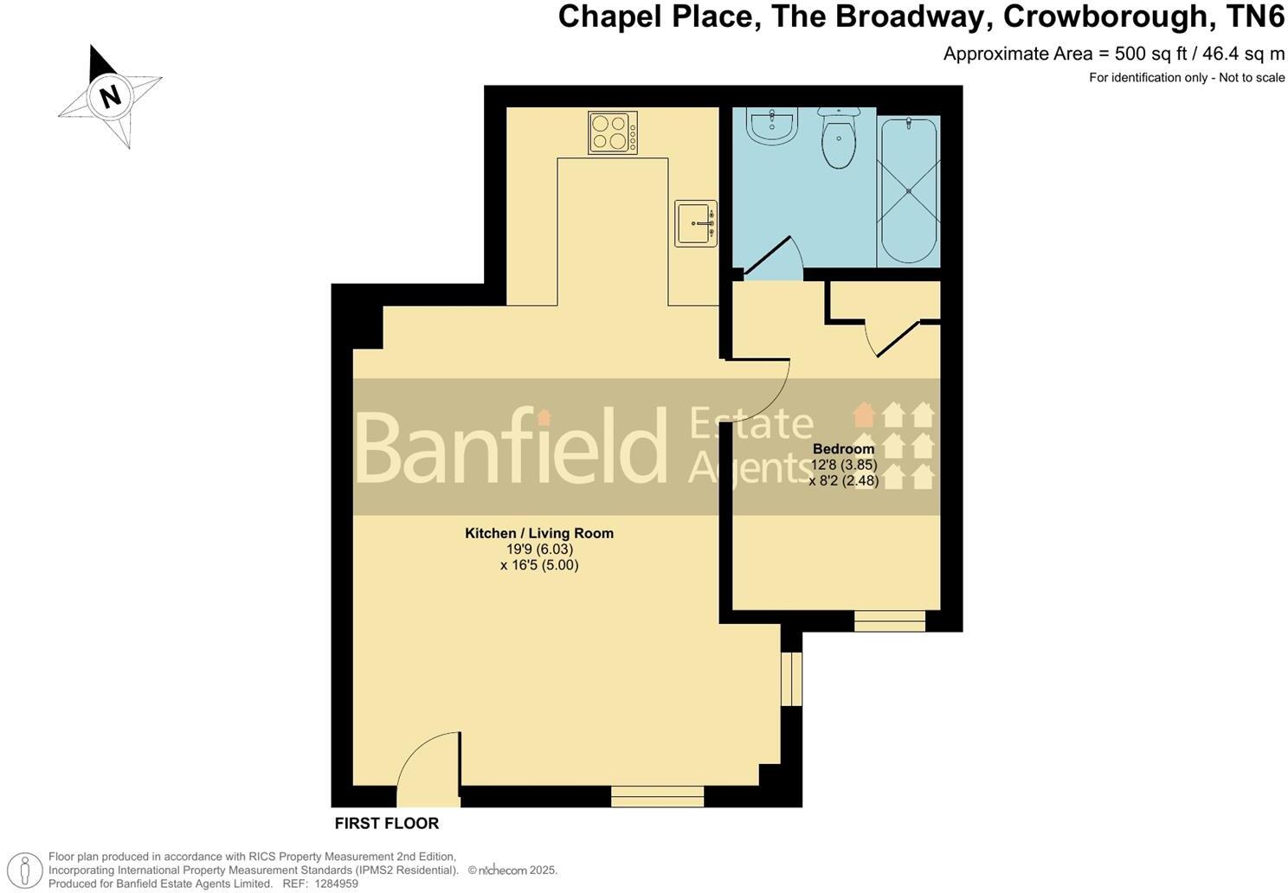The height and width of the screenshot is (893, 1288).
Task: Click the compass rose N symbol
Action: [110, 95]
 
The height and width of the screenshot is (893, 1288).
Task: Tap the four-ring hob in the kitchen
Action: [613, 132]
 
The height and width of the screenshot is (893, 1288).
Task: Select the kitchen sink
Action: [696, 223]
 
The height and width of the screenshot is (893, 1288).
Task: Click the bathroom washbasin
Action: [770, 127]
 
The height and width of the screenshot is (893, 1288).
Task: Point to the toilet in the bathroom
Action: [838, 138]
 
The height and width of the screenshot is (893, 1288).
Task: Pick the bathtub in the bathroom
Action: [908, 190]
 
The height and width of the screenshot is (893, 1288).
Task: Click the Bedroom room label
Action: [843, 449]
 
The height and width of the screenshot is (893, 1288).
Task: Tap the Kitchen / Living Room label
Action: [539, 533]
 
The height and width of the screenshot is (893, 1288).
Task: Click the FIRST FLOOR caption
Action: [387, 824]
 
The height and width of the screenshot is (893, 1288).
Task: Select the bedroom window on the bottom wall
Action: [890, 620]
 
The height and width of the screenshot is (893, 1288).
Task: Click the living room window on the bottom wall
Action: [658, 796]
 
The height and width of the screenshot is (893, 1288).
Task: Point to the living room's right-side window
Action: [791, 679]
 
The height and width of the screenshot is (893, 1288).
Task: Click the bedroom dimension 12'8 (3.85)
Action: [843, 465]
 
